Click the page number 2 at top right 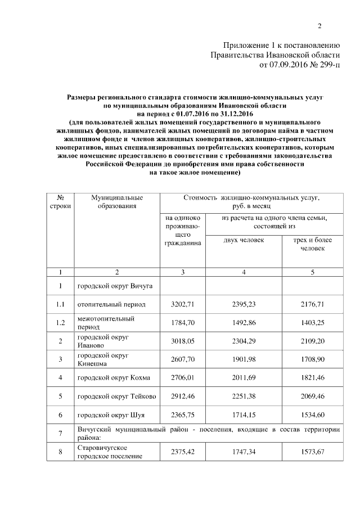(319, 26)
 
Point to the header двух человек (244, 240)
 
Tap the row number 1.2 (60, 323)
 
